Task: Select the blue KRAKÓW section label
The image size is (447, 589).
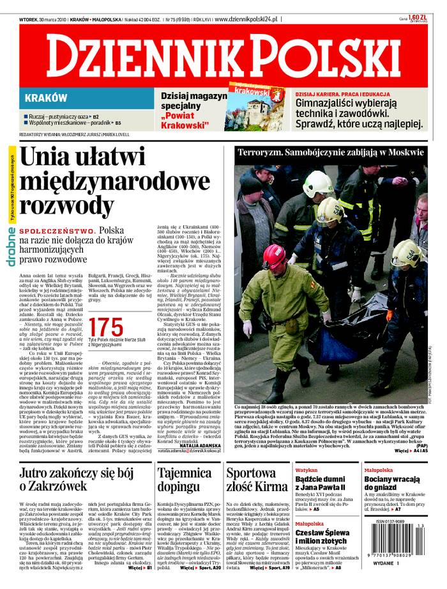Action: click(45, 98)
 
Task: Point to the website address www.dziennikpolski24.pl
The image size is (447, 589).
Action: click(246, 19)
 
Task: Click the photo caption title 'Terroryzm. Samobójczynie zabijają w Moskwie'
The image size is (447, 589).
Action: click(330, 153)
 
